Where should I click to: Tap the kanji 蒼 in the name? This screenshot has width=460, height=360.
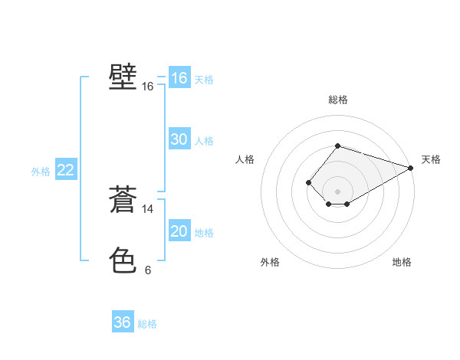pyautogui.click(x=123, y=199)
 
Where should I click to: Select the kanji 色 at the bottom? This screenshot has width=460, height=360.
pyautogui.click(x=123, y=260)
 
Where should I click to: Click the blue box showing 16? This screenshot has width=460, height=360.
pyautogui.click(x=179, y=78)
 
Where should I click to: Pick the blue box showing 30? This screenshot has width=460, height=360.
pyautogui.click(x=179, y=139)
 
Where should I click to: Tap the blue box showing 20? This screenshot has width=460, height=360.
pyautogui.click(x=179, y=231)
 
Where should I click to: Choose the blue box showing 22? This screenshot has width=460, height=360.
pyautogui.click(x=65, y=170)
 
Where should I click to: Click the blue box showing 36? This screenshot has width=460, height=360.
pyautogui.click(x=122, y=322)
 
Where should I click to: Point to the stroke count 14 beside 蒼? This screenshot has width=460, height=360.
pyautogui.click(x=148, y=208)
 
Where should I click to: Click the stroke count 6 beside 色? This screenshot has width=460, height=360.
pyautogui.click(x=148, y=270)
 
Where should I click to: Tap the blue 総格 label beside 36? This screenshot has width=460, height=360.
pyautogui.click(x=147, y=324)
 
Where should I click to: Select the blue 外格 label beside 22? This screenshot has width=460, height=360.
pyautogui.click(x=41, y=172)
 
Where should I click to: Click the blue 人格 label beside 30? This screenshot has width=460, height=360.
pyautogui.click(x=204, y=141)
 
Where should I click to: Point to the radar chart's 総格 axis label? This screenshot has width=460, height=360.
pyautogui.click(x=337, y=100)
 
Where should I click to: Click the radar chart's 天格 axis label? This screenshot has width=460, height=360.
pyautogui.click(x=431, y=159)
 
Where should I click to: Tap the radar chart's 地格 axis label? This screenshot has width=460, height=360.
pyautogui.click(x=402, y=262)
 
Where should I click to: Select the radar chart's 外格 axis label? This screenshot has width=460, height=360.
pyautogui.click(x=270, y=262)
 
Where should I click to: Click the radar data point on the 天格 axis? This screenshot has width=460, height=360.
pyautogui.click(x=410, y=168)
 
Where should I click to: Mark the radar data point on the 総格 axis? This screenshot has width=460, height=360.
pyautogui.click(x=337, y=146)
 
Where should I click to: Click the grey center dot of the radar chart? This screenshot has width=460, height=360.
pyautogui.click(x=337, y=191)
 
